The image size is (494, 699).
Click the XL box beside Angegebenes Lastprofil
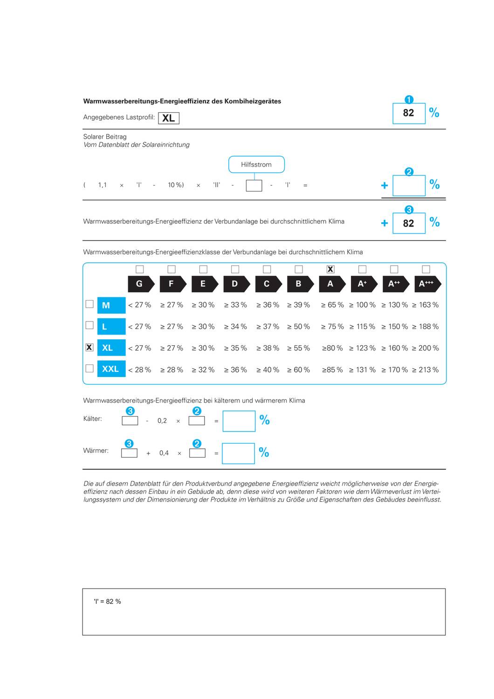coord(169,118)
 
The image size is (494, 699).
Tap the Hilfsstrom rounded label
coord(256,164)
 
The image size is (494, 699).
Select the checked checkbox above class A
coord(330,269)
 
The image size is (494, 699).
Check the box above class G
coord(139,269)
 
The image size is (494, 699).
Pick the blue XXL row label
coord(111,369)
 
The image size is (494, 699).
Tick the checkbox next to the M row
coord(89,304)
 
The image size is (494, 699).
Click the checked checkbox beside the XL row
coord(89,348)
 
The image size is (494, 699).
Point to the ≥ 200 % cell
coord(425,348)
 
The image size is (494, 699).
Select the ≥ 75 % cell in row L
coord(332,327)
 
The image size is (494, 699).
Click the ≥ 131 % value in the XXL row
coord(363,370)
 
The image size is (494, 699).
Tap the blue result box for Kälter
coord(239,421)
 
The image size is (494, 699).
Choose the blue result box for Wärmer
coord(238,453)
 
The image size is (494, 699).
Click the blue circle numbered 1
coord(409,100)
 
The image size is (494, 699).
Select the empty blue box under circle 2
coord(409,185)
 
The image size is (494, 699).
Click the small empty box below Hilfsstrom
coord(254,185)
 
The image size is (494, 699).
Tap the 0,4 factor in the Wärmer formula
coord(164,453)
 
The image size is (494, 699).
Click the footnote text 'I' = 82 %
coord(108,602)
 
